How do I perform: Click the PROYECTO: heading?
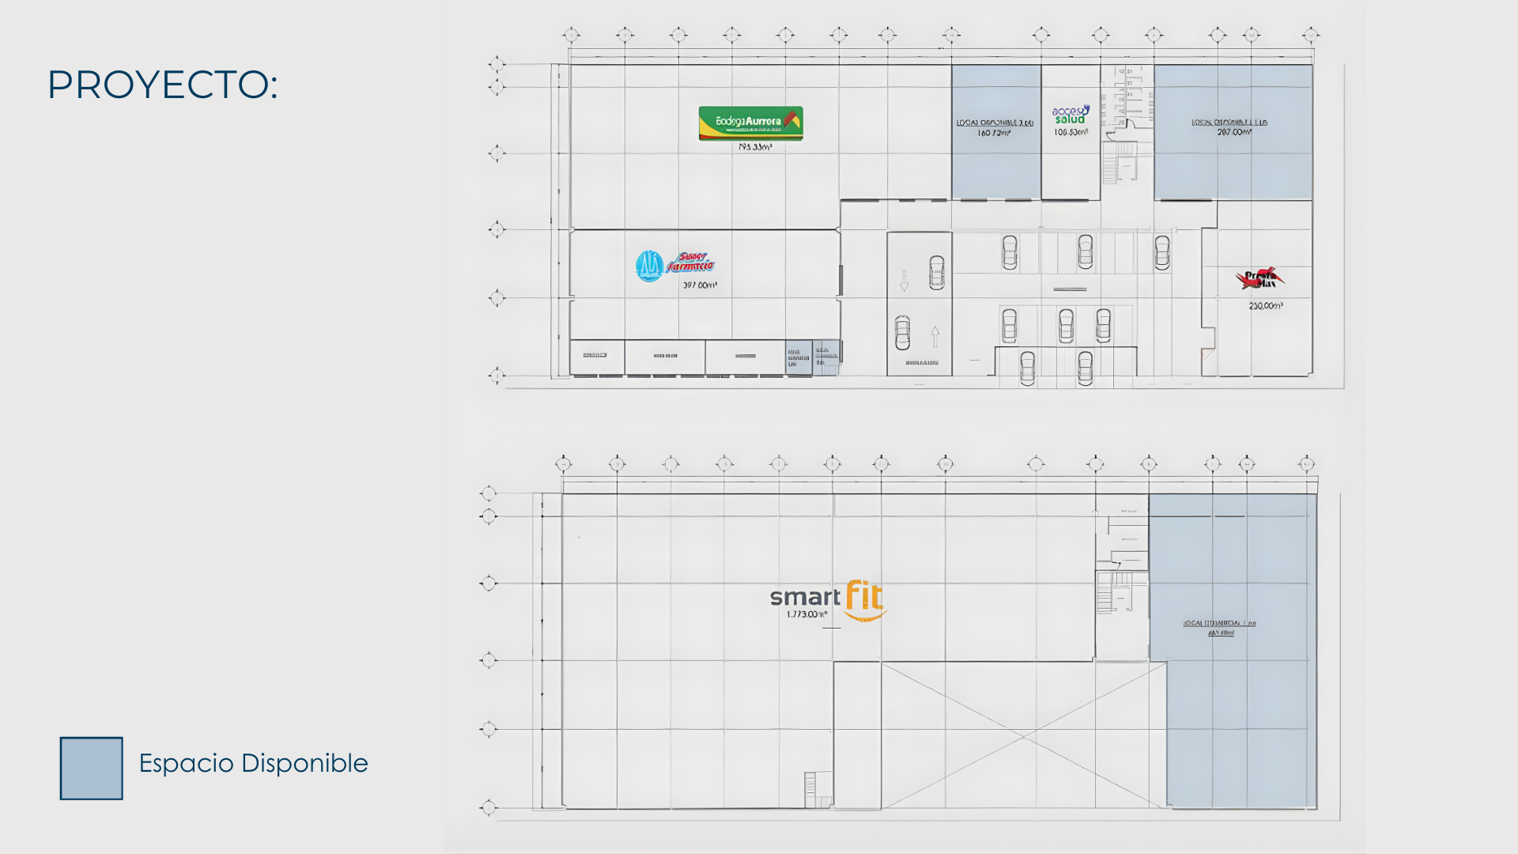coord(162,85)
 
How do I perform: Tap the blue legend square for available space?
coord(92,769)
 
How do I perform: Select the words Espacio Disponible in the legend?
coord(253,763)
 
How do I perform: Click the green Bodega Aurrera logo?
coord(750,123)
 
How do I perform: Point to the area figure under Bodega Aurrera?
coord(755,147)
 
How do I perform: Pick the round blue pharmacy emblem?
coord(649,266)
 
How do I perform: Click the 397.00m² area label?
coord(700,285)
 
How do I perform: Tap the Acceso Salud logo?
coord(1071,115)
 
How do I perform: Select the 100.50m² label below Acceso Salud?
coord(1071,133)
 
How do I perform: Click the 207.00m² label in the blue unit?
coord(1233,133)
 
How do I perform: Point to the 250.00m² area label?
coord(1265,306)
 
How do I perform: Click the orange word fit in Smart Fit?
coord(864,596)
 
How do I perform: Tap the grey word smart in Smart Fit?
coord(805,598)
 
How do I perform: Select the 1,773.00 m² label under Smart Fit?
coord(806,614)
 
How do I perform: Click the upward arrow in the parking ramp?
coord(935,336)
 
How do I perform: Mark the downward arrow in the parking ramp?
coord(904,282)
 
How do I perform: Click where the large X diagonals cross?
coord(1024,736)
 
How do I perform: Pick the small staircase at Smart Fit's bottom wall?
coord(810,788)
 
